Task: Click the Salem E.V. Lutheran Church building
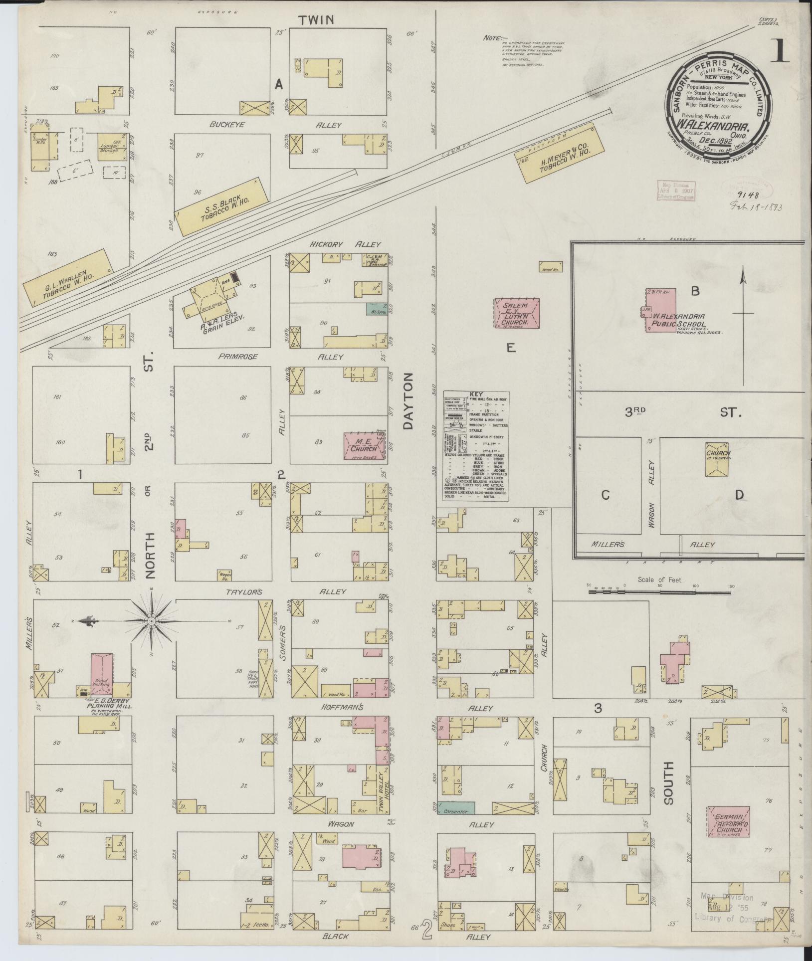[517, 313]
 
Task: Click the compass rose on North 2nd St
[151, 621]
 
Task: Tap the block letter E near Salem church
[511, 348]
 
